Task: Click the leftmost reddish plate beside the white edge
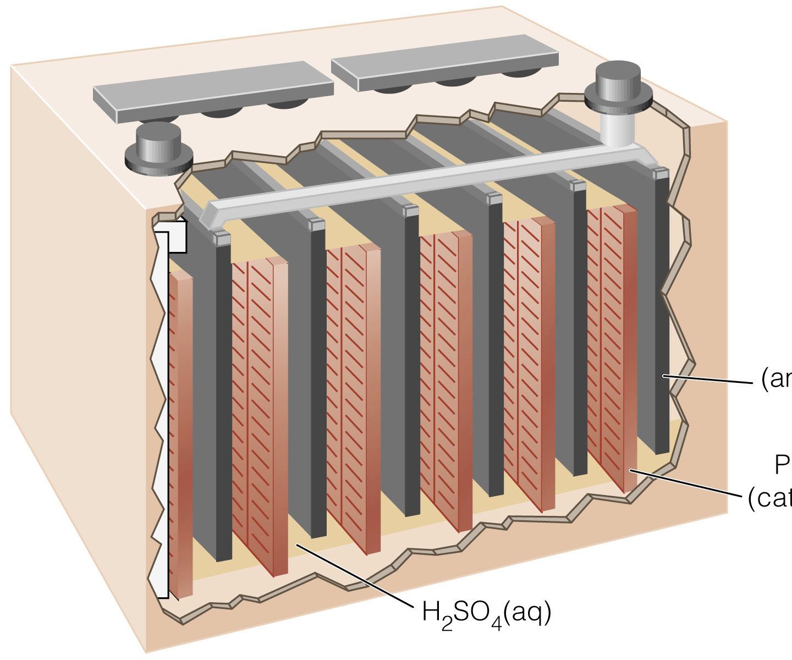click(181, 435)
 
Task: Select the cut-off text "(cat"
click(770, 500)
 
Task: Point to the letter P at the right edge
click(783, 466)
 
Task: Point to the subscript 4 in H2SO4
click(497, 625)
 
